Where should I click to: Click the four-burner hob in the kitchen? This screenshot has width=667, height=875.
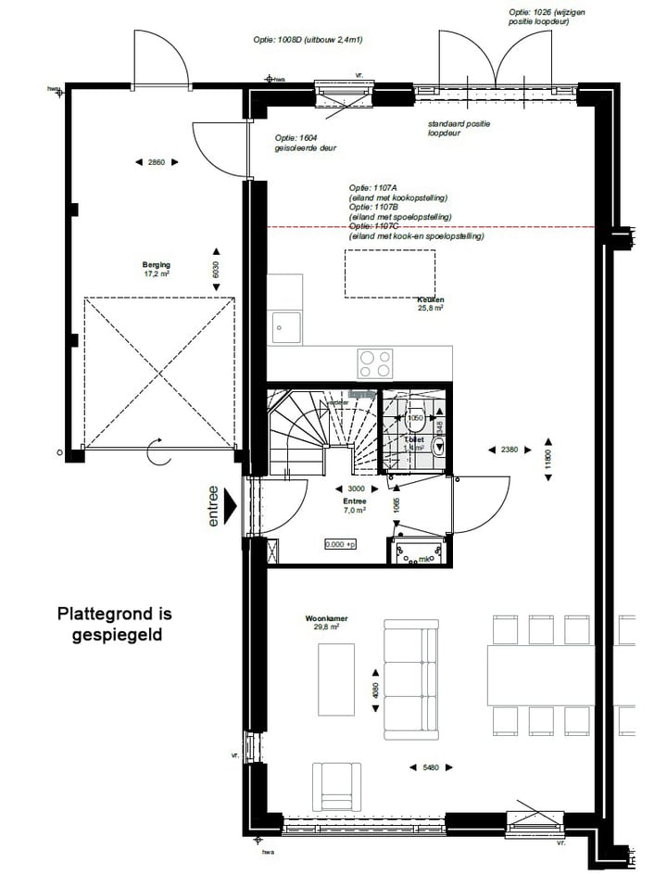click(374, 360)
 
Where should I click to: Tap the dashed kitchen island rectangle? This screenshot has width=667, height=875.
click(392, 273)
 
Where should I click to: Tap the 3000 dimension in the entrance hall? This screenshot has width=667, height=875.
click(355, 488)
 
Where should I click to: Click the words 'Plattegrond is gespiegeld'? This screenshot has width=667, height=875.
click(115, 624)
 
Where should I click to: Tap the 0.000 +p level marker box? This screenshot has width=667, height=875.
click(340, 544)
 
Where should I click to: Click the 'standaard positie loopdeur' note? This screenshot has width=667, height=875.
click(459, 128)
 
